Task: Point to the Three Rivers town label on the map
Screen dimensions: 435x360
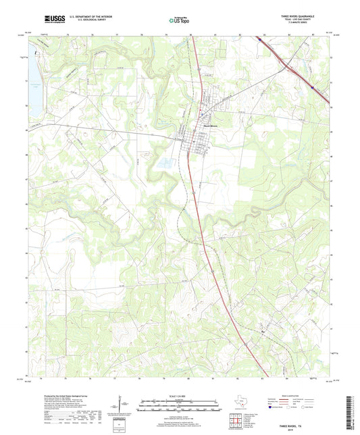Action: [207, 124]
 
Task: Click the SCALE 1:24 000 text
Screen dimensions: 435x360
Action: [180, 397]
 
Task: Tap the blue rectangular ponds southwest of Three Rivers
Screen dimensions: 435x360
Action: [163, 163]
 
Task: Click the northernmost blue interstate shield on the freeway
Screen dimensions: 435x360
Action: [260, 39]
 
